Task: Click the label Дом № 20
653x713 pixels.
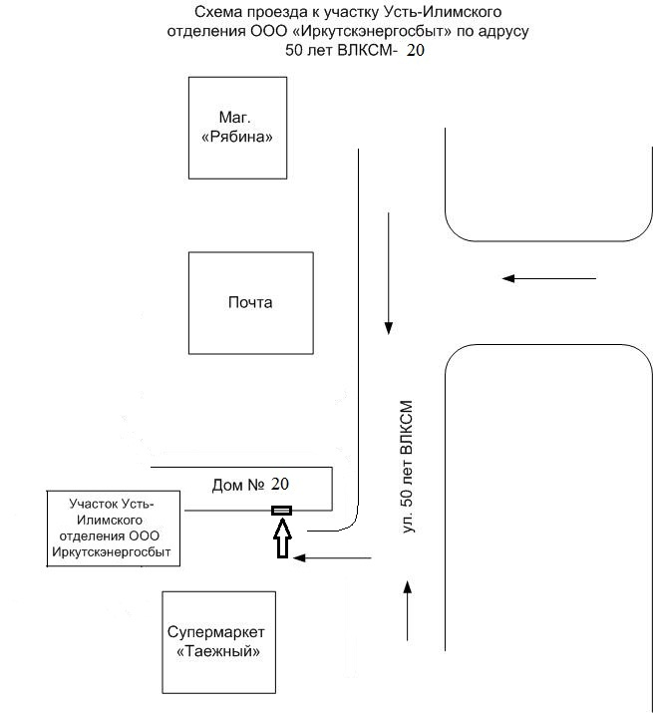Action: tap(250, 485)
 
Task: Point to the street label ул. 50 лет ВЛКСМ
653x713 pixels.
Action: tap(407, 467)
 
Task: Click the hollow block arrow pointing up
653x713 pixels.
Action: tap(282, 538)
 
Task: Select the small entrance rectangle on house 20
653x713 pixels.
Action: tap(281, 511)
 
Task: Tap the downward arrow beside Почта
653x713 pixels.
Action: tap(389, 274)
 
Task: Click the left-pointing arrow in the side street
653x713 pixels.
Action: tap(549, 278)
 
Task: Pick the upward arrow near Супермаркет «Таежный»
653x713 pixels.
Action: tap(408, 610)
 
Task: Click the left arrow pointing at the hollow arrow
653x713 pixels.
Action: tap(332, 557)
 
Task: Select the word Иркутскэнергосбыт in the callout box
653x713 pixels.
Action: tap(112, 552)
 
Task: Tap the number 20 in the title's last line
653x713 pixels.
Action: tap(415, 50)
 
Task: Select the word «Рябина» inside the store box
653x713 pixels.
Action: tap(237, 137)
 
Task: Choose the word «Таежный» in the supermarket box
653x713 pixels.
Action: tap(218, 651)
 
